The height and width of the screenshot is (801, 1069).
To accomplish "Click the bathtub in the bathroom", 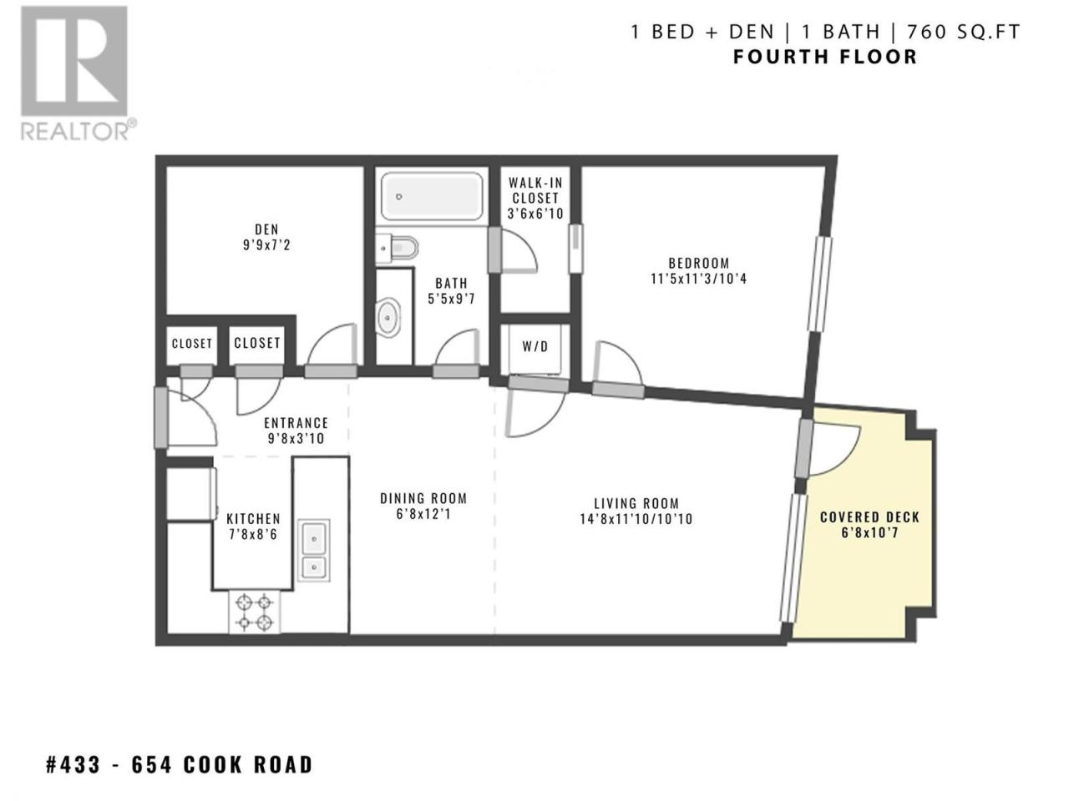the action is coord(432,196).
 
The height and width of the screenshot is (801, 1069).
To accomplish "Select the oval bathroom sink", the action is coord(388,317).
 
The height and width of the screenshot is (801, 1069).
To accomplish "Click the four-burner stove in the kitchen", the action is coord(254,612).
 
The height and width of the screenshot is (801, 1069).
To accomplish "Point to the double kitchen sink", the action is coord(314,550).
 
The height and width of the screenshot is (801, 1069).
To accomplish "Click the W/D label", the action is coord(535,346).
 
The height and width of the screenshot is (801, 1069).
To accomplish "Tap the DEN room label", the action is coord(267,229).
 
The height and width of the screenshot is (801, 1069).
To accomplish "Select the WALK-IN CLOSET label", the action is coord(535,190).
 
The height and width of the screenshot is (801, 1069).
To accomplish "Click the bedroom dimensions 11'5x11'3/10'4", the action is coord(699,279).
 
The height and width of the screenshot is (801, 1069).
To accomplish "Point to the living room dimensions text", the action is coord(636,519).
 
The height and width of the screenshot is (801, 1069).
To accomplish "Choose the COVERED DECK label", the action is coord(869,517).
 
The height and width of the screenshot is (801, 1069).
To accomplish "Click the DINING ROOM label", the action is coord(423,498).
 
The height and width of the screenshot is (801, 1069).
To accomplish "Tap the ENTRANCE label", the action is coord(296,423).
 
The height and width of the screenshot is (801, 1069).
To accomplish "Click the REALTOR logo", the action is coord(77,73).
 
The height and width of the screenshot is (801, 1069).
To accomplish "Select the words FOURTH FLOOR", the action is coord(825,57).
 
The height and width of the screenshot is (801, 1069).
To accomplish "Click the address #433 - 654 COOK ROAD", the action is coord(180,764).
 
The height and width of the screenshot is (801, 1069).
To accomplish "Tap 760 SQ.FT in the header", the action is coord(963,32).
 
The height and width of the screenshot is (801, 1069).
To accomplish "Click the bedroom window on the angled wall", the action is coord(819,285).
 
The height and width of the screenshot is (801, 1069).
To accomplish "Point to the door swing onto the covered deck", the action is coord(835,450).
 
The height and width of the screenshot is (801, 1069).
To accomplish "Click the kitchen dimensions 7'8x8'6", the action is coord(253,535).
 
